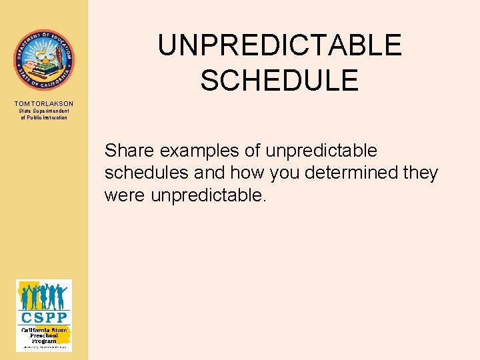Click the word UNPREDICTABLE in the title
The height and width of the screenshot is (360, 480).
(x=279, y=46)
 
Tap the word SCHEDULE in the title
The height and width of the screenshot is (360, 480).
(x=279, y=80)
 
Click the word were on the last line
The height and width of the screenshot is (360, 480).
(x=126, y=196)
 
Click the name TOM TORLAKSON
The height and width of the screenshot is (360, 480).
(x=43, y=103)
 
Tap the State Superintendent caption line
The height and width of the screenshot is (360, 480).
(x=43, y=111)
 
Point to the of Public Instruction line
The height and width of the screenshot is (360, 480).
(x=43, y=117)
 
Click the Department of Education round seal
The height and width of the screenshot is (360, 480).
(x=43, y=60)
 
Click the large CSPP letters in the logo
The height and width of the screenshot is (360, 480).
(x=43, y=316)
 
